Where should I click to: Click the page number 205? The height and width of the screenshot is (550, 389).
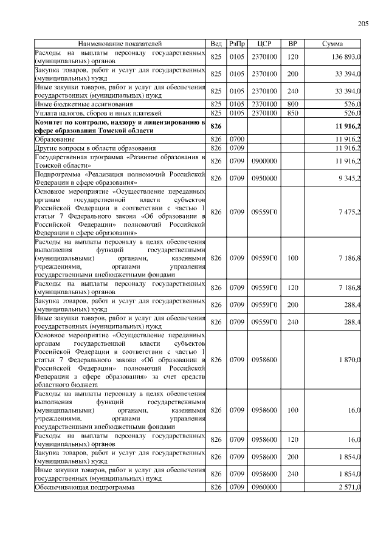pos(363,24)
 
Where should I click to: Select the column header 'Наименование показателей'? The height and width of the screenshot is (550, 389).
pos(120,44)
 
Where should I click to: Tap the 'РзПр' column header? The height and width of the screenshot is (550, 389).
pos(237,44)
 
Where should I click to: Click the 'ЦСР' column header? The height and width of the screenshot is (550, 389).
pos(264,44)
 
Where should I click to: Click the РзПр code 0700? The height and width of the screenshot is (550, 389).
pos(237,139)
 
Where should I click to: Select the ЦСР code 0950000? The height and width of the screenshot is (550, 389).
pos(264,178)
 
